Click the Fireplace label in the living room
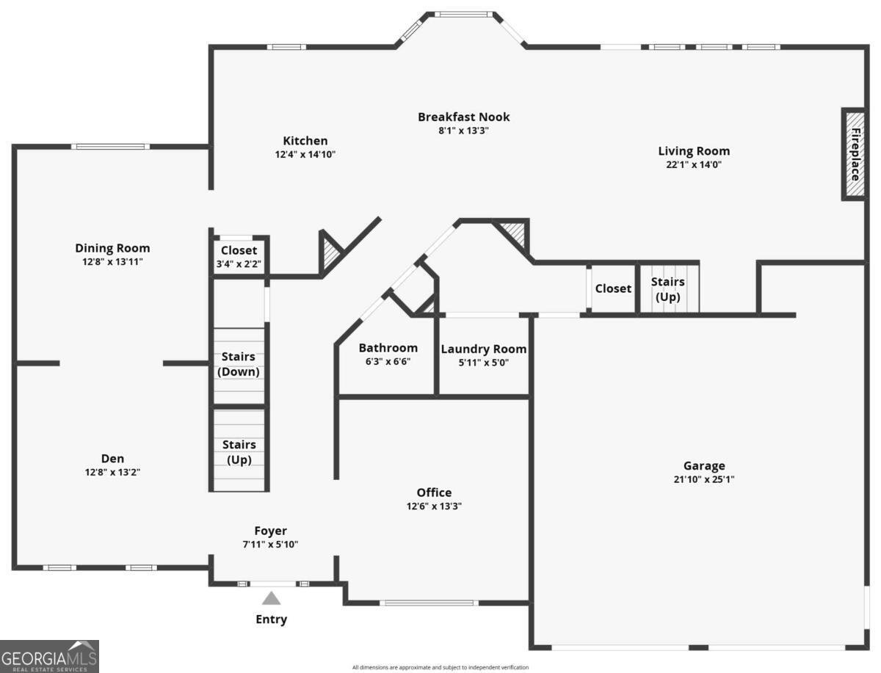pyautogui.click(x=855, y=154)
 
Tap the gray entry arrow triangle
pyautogui.click(x=272, y=598)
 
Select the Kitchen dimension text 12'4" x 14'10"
pyautogui.click(x=305, y=154)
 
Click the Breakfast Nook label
pyautogui.click(x=463, y=117)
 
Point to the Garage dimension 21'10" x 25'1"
pyautogui.click(x=704, y=479)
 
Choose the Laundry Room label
pyautogui.click(x=484, y=349)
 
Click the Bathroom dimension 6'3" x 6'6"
pyautogui.click(x=388, y=361)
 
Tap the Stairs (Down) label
pyautogui.click(x=239, y=364)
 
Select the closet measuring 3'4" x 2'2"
pyautogui.click(x=239, y=257)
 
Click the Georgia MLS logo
pyautogui.click(x=49, y=657)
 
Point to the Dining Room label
pyautogui.click(x=112, y=248)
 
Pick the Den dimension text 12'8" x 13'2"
pyautogui.click(x=112, y=472)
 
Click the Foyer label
pyautogui.click(x=270, y=531)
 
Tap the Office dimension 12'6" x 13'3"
pyautogui.click(x=434, y=506)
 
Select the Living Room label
pyautogui.click(x=694, y=151)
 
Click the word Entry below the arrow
pyautogui.click(x=272, y=619)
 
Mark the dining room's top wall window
pyautogui.click(x=110, y=146)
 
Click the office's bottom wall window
pyautogui.click(x=429, y=603)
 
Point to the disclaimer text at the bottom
pyautogui.click(x=440, y=667)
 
